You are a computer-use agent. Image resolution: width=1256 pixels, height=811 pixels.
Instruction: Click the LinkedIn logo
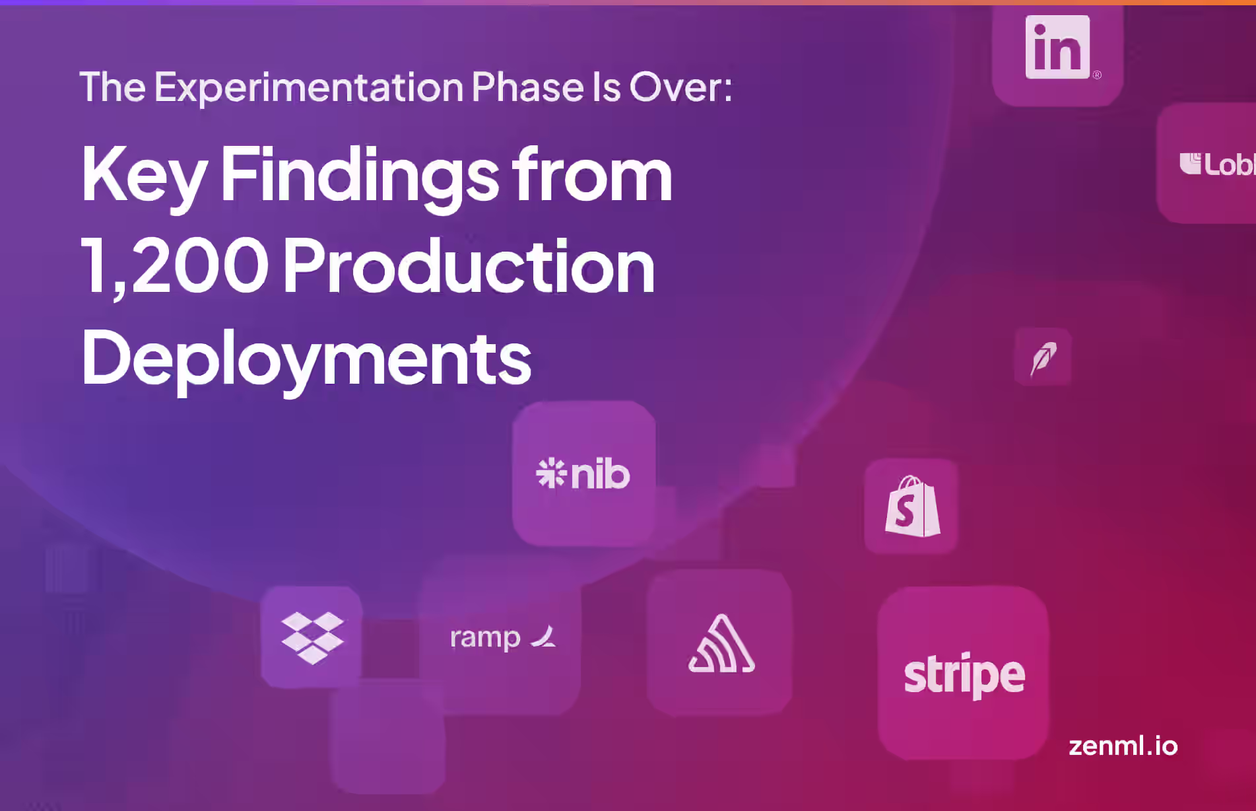point(1057,48)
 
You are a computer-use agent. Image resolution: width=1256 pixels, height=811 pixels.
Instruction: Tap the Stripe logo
point(964,674)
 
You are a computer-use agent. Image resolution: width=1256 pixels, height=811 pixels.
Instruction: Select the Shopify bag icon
point(913,507)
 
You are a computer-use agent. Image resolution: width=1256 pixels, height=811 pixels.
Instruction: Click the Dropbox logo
point(312,637)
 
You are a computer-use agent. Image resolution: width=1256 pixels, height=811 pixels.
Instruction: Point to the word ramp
point(485,638)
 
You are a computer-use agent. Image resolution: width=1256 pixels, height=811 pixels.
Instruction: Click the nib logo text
point(600,474)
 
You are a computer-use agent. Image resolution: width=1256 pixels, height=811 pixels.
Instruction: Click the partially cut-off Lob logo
point(1217,164)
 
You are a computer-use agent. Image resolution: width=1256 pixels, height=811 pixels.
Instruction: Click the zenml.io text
point(1123,746)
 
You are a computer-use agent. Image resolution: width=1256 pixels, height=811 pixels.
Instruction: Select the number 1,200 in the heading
point(175,266)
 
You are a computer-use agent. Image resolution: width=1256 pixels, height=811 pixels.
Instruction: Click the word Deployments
point(306,359)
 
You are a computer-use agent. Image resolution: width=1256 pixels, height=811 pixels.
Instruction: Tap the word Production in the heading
point(469,266)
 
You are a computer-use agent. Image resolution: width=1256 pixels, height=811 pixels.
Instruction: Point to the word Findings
point(360,176)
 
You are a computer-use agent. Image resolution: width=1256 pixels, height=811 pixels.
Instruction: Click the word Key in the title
point(144,176)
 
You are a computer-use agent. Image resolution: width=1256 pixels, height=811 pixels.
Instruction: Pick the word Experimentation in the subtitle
point(309,87)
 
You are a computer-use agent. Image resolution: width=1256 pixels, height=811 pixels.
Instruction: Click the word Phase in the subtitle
point(527,87)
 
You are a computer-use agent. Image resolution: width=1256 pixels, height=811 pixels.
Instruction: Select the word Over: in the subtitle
point(680,87)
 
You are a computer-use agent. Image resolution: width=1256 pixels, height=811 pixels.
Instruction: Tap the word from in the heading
point(592,176)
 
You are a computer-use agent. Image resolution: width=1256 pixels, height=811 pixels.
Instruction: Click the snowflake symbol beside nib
point(551,474)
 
